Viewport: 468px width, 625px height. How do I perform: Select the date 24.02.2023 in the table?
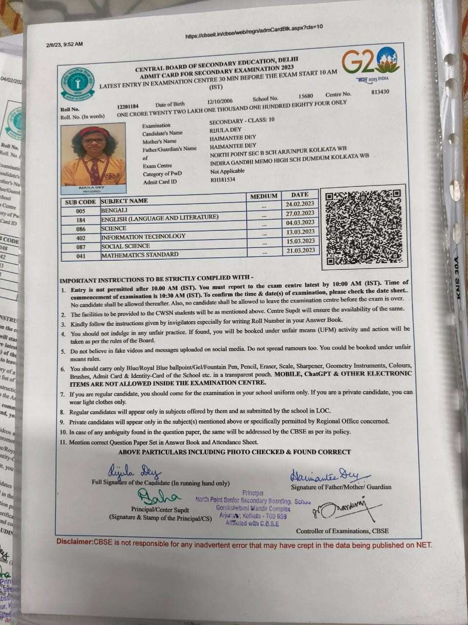click(300, 204)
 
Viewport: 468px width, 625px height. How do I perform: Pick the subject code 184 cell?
click(80, 220)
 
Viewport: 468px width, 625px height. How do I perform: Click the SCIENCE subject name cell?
click(114, 228)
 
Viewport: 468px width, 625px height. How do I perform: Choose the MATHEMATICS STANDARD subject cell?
click(140, 254)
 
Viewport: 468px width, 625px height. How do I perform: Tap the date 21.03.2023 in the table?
click(300, 250)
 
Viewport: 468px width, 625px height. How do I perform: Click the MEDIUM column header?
click(264, 196)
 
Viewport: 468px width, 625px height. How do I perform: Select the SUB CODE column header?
click(80, 202)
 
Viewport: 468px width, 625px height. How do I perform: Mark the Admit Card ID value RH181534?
click(222, 180)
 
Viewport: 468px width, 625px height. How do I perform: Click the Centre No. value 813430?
click(380, 91)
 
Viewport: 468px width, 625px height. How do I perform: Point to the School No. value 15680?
click(306, 96)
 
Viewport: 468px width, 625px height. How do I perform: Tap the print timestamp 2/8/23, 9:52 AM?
click(64, 44)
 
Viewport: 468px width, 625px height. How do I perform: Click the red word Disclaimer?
click(74, 542)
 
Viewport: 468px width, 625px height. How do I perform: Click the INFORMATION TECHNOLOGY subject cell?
click(143, 236)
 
